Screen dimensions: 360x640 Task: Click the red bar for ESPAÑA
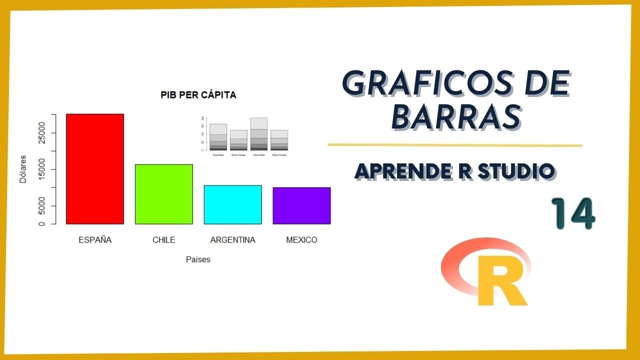coord(95,168)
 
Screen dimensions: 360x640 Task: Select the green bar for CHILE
coord(164,194)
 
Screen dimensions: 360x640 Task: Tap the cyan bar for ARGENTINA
coord(233,204)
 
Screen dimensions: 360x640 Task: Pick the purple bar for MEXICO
coord(301,205)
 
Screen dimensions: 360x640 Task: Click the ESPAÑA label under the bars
coord(95,240)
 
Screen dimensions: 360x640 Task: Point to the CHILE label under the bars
coord(164,240)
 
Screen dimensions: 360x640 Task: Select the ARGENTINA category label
coord(233,240)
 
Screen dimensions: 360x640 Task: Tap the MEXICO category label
coord(301,240)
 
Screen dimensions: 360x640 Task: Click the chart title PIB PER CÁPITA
coord(198,95)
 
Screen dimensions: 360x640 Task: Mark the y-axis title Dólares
coord(23,169)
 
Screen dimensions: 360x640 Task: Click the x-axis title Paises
coord(198,259)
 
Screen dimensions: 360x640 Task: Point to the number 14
coord(573,213)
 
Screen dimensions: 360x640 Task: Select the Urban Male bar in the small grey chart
coord(258,134)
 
